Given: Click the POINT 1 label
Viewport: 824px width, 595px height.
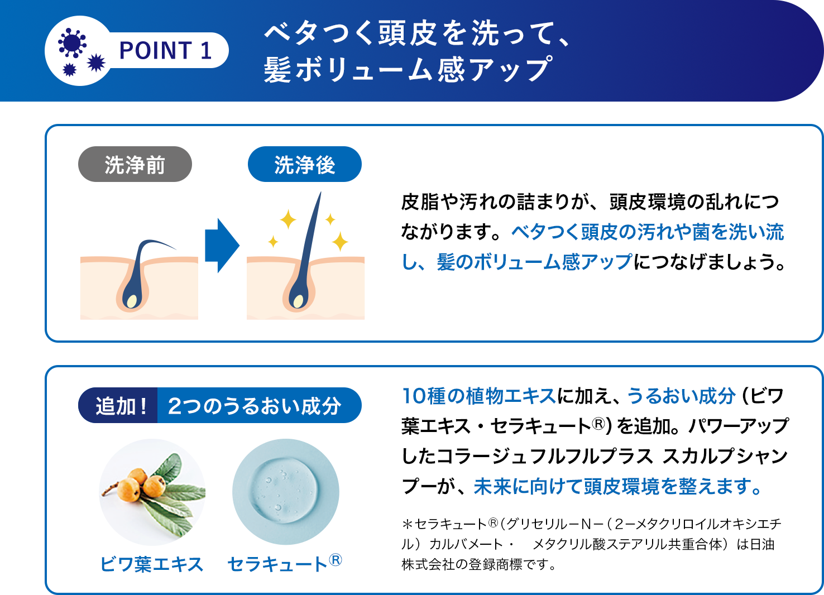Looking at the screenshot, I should tap(166, 51).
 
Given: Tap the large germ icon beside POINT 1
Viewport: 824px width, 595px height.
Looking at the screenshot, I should tap(72, 43).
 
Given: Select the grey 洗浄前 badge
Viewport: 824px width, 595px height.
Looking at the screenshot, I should tap(135, 165).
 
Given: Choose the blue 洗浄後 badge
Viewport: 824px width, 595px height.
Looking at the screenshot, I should tap(305, 165).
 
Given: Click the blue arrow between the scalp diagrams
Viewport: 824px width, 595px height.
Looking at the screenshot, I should tap(222, 246).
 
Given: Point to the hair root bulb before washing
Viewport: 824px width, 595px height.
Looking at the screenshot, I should tap(132, 300).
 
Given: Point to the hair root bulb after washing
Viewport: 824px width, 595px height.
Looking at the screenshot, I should tap(299, 300).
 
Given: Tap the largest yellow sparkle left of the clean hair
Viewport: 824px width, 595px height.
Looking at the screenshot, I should tap(288, 219).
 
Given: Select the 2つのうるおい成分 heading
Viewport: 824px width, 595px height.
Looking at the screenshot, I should tap(255, 406).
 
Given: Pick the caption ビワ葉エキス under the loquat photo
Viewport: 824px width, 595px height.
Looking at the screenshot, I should tap(151, 564).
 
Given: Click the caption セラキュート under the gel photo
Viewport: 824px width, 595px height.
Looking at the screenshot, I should tap(277, 564).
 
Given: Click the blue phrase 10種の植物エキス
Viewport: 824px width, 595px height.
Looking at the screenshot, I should tap(479, 396).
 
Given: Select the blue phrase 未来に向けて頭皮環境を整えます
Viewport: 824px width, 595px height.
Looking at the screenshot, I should tap(617, 487).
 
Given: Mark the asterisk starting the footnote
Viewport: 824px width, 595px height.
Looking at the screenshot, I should tap(407, 524).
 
